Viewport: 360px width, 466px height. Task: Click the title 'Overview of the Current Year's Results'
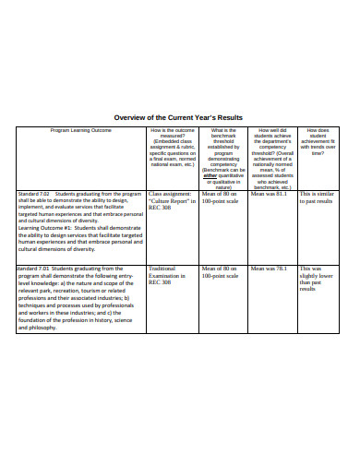(x=177, y=117)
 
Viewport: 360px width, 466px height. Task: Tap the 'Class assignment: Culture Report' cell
(x=172, y=200)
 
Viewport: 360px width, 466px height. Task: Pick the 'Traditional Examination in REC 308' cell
(x=168, y=275)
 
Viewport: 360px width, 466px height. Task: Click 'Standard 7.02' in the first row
(x=36, y=194)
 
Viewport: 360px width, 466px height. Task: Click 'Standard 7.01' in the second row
(x=36, y=269)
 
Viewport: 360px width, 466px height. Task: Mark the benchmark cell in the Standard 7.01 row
(x=220, y=272)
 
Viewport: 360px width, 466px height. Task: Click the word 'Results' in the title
(x=226, y=117)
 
